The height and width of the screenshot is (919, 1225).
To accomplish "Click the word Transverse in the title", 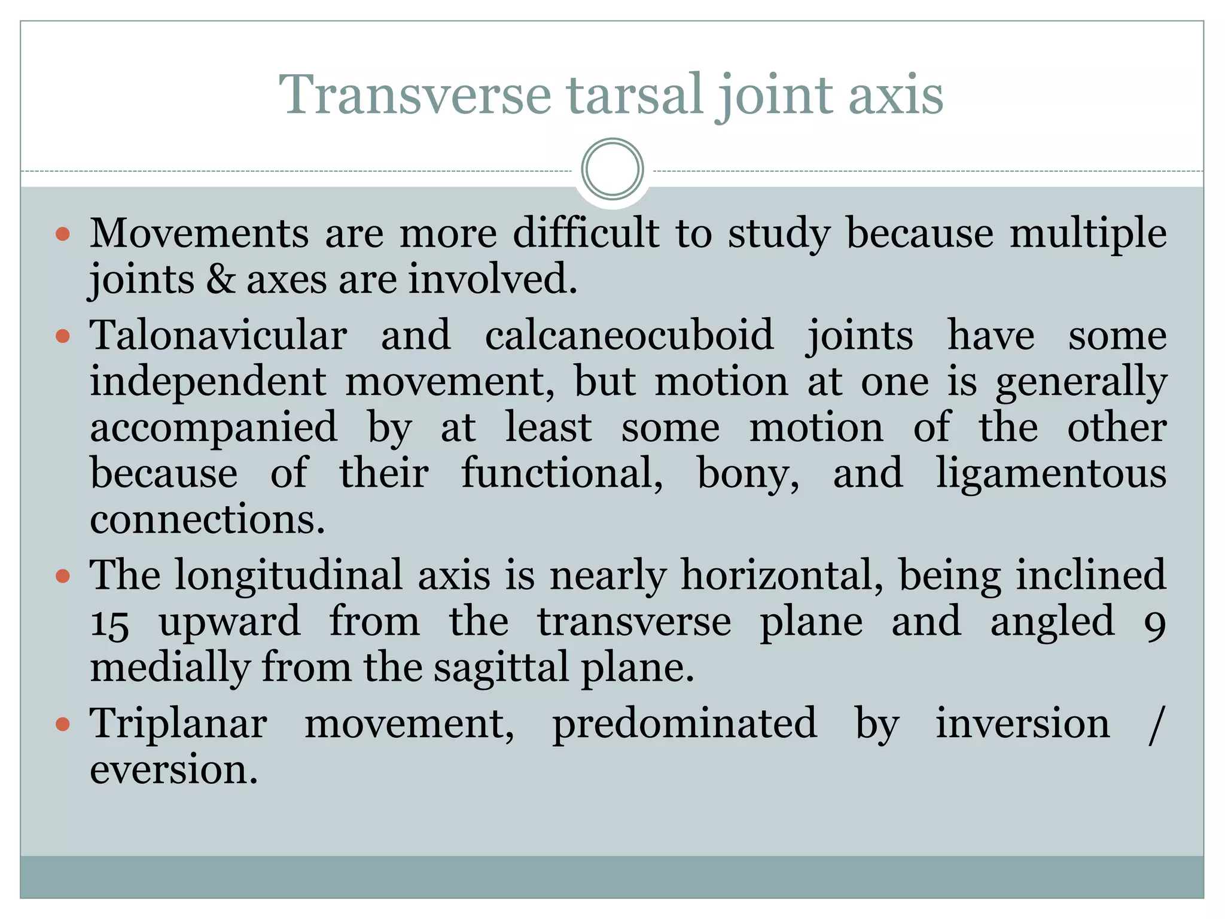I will click(x=415, y=96).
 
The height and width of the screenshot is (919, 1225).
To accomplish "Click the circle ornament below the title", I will click(x=612, y=169).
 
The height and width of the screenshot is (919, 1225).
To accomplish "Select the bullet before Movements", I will click(x=63, y=233).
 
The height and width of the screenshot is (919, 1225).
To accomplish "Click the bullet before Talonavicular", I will click(x=63, y=336).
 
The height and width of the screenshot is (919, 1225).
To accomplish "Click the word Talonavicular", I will click(x=218, y=335).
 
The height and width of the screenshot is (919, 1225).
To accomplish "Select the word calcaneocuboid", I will click(x=629, y=335).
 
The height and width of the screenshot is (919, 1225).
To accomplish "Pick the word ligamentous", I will click(x=1051, y=474).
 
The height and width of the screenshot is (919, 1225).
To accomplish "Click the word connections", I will click(x=207, y=519).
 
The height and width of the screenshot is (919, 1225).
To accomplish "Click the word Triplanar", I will click(x=178, y=724).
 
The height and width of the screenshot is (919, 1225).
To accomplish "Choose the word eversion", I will click(x=173, y=771).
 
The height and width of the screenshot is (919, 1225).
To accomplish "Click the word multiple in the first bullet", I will click(x=1088, y=233).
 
